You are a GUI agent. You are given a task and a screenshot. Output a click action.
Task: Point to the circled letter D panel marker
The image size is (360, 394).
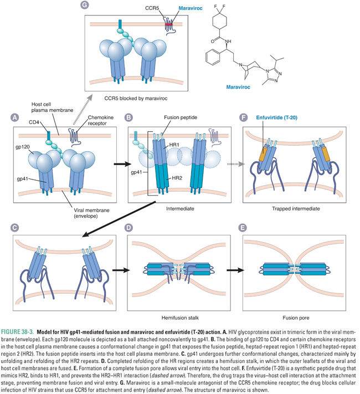(128, 227)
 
